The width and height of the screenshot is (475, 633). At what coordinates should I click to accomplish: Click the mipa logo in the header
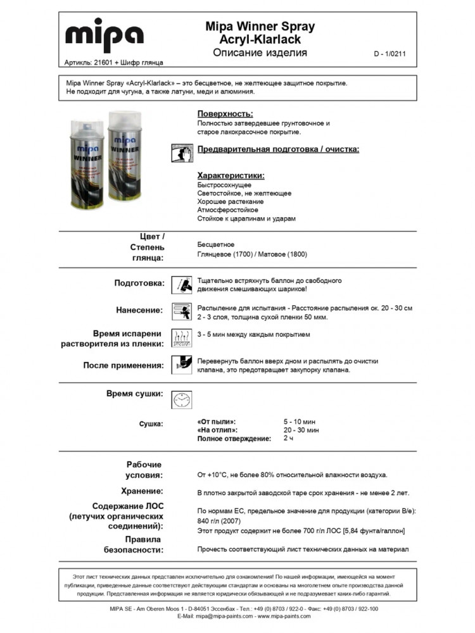(x=104, y=37)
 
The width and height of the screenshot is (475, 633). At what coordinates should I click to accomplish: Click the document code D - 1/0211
(x=389, y=54)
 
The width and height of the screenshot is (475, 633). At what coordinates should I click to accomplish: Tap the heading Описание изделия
(x=260, y=53)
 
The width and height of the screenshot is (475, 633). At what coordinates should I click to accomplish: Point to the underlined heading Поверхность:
(x=225, y=114)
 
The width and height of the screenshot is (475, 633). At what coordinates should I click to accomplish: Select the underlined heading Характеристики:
(x=231, y=175)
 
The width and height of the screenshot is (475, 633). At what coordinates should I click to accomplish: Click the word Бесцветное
(x=216, y=244)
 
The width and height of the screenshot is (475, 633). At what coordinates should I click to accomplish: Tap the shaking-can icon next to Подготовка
(x=182, y=284)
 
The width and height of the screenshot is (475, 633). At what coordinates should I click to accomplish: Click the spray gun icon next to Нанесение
(x=182, y=311)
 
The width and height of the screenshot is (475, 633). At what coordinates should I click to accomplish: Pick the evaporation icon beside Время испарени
(x=182, y=338)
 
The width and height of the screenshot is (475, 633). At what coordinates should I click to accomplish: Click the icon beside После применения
(x=182, y=365)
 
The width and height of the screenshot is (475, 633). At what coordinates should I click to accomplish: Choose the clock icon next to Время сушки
(x=182, y=399)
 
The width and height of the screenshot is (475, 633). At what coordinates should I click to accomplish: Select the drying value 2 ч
(x=288, y=438)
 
